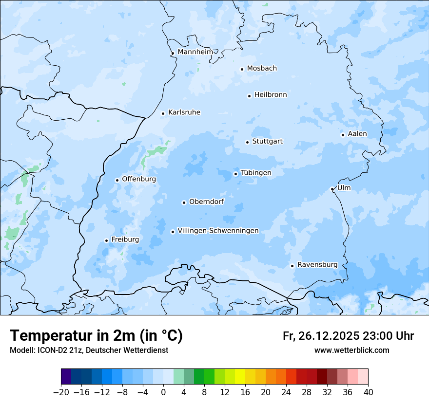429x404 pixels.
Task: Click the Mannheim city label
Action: click(x=195, y=52)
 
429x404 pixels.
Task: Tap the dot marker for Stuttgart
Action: click(x=247, y=142)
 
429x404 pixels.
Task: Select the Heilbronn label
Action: click(x=271, y=95)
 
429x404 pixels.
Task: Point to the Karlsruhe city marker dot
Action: click(x=163, y=113)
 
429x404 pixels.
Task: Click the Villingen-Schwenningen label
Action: click(x=218, y=231)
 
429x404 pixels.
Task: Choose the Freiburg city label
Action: click(x=125, y=239)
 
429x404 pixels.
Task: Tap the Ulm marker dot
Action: click(x=332, y=189)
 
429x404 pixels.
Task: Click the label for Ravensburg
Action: click(x=317, y=265)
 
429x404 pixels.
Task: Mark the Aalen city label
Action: click(x=357, y=134)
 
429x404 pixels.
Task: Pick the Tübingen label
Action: click(x=256, y=173)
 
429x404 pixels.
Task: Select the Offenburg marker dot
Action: click(x=117, y=180)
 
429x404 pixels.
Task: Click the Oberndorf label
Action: click(x=206, y=202)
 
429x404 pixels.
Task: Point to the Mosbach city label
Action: click(x=262, y=69)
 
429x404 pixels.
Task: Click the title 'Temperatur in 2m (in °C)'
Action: click(x=96, y=335)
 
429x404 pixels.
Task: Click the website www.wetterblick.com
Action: click(x=351, y=350)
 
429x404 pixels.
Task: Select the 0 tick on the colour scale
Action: click(x=163, y=392)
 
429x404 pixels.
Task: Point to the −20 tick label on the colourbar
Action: click(x=61, y=392)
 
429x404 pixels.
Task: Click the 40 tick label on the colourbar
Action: click(x=368, y=392)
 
